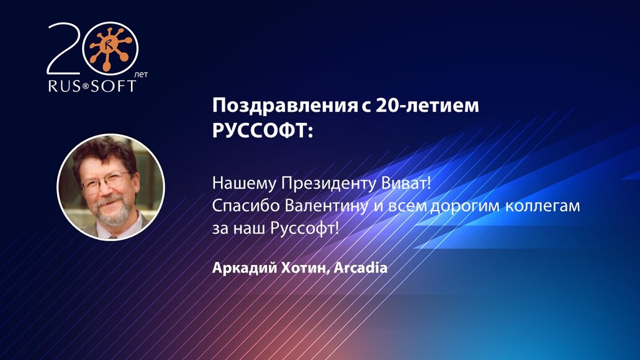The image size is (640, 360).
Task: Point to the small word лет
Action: (x=142, y=73)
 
